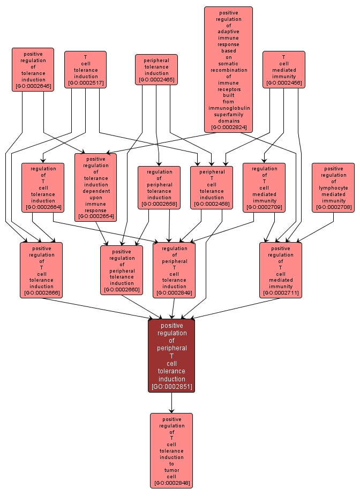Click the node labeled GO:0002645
pos(33,70)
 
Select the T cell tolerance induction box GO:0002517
pos(85,70)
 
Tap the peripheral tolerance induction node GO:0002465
pos(156,70)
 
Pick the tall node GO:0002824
pos(228,70)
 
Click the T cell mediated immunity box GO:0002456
pos(284,70)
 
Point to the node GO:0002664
pos(43,187)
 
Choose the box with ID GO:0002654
pos(95,187)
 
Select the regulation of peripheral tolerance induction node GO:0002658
pos(159,187)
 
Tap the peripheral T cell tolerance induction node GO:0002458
pos(212,187)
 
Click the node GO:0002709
pos(264,187)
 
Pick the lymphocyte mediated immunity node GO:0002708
pos(333,187)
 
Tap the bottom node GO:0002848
pos(171,450)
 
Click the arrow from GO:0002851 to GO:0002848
pos(171,402)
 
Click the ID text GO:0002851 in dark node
pos(171,386)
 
